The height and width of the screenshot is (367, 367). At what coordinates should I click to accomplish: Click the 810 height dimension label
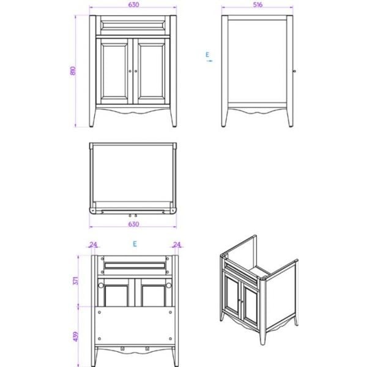pos(73,71)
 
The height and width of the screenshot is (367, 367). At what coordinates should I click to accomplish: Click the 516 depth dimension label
pos(258,5)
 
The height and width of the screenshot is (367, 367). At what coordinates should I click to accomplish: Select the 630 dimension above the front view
pos(133,5)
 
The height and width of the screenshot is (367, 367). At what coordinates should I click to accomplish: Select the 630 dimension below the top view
pos(133,224)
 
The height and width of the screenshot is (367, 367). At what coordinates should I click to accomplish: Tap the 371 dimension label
pos(76,280)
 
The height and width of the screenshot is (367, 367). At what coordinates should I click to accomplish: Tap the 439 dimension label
pos(76,336)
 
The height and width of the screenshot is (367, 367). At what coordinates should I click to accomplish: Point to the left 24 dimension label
pos(93,244)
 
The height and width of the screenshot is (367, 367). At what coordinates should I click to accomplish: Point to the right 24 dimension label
pos(177,244)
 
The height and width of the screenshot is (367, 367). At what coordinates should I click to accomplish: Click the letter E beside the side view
pos(207,54)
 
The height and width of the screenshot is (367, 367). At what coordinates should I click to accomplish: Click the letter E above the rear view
pos(135,244)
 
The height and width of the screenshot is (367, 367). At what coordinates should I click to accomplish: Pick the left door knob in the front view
pos(130,71)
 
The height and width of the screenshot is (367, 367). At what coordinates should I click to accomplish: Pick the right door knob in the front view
pos(136,71)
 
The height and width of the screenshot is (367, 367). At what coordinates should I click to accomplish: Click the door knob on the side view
pos(294,71)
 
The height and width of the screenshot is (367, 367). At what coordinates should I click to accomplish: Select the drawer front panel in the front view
pos(133,25)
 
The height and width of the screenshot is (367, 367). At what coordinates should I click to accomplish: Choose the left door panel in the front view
pos(114,71)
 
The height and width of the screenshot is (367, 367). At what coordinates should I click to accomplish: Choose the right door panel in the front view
pos(152,71)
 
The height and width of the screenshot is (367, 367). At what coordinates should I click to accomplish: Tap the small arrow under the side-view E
pos(209,61)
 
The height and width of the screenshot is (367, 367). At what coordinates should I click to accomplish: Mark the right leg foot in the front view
pos(174,125)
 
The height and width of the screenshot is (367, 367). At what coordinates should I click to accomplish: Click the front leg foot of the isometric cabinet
pos(263,343)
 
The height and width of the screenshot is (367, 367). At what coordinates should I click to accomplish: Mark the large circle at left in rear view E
pos(101,285)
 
